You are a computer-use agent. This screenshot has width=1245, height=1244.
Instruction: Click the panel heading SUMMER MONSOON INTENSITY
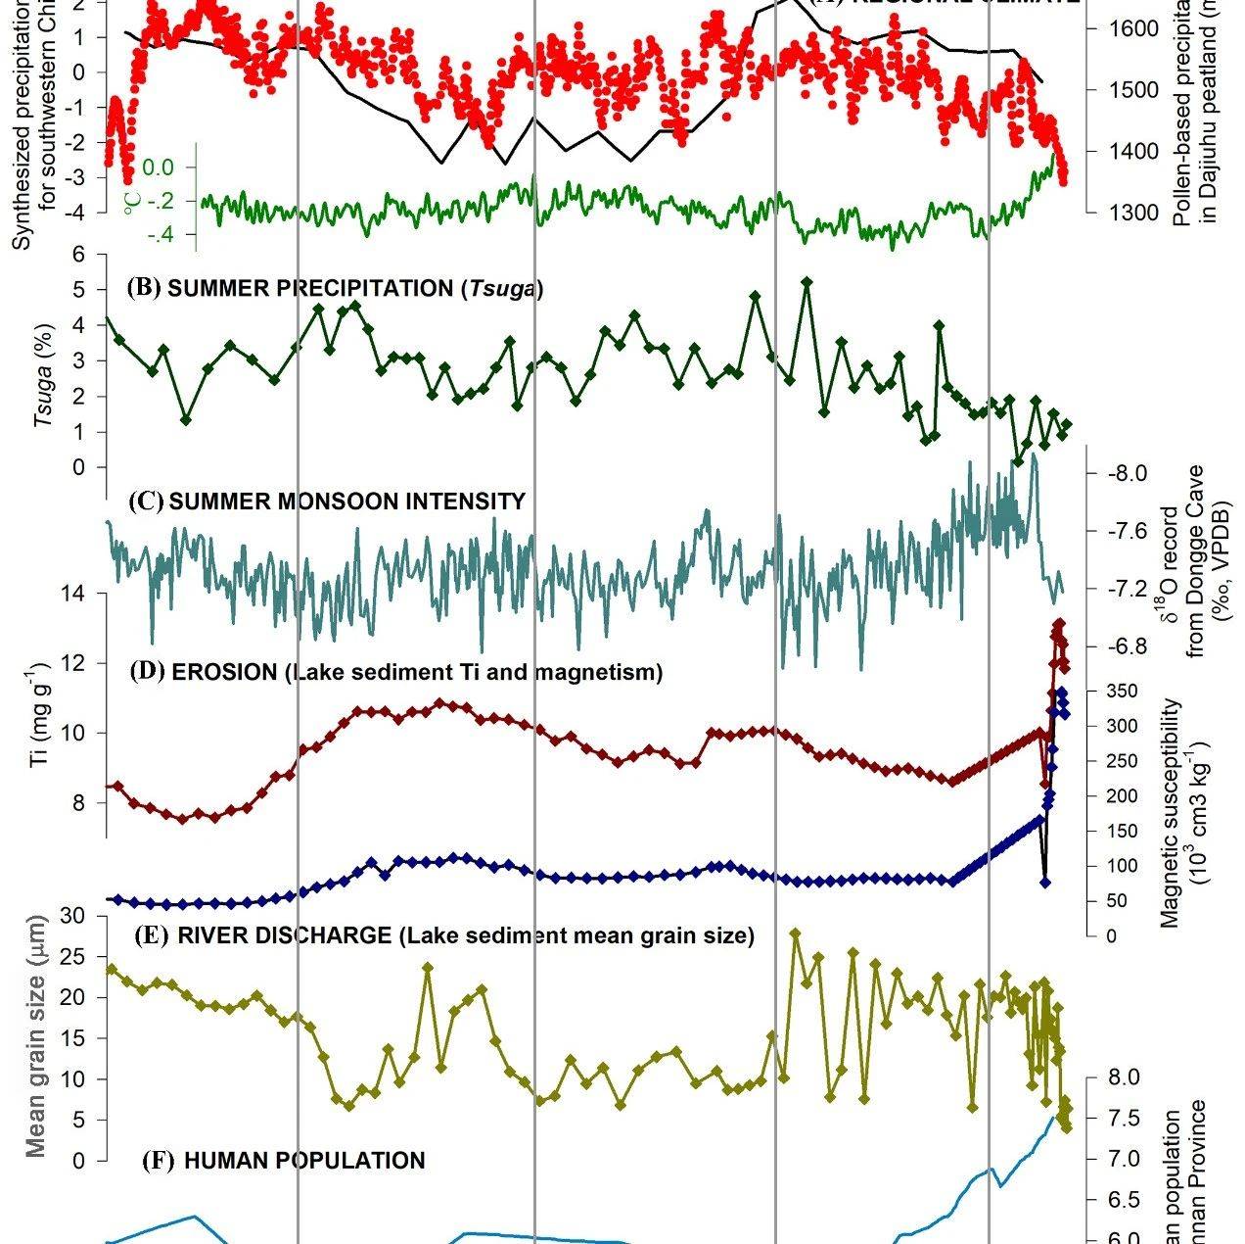tap(346, 502)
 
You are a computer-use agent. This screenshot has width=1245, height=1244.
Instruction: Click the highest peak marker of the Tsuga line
tap(807, 282)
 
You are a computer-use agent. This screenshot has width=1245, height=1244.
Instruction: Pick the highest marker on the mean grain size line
tap(795, 933)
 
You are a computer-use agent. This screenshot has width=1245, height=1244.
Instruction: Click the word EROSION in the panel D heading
tap(222, 672)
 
